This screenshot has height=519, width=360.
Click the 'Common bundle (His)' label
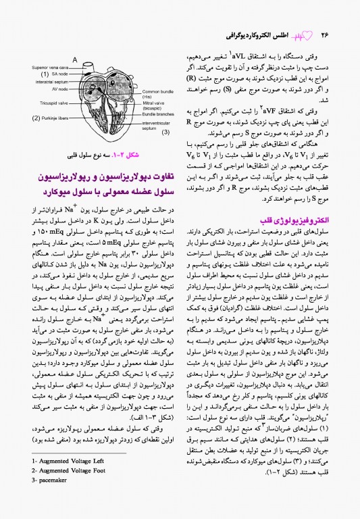tap(159, 93)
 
